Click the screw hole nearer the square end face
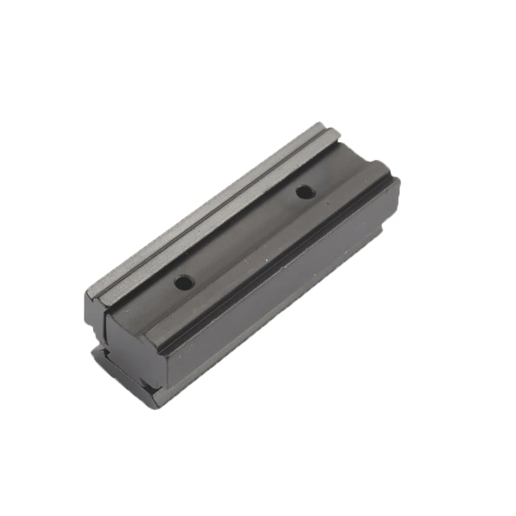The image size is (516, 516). pyautogui.click(x=183, y=282)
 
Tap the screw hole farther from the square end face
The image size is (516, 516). pyautogui.click(x=305, y=192)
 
